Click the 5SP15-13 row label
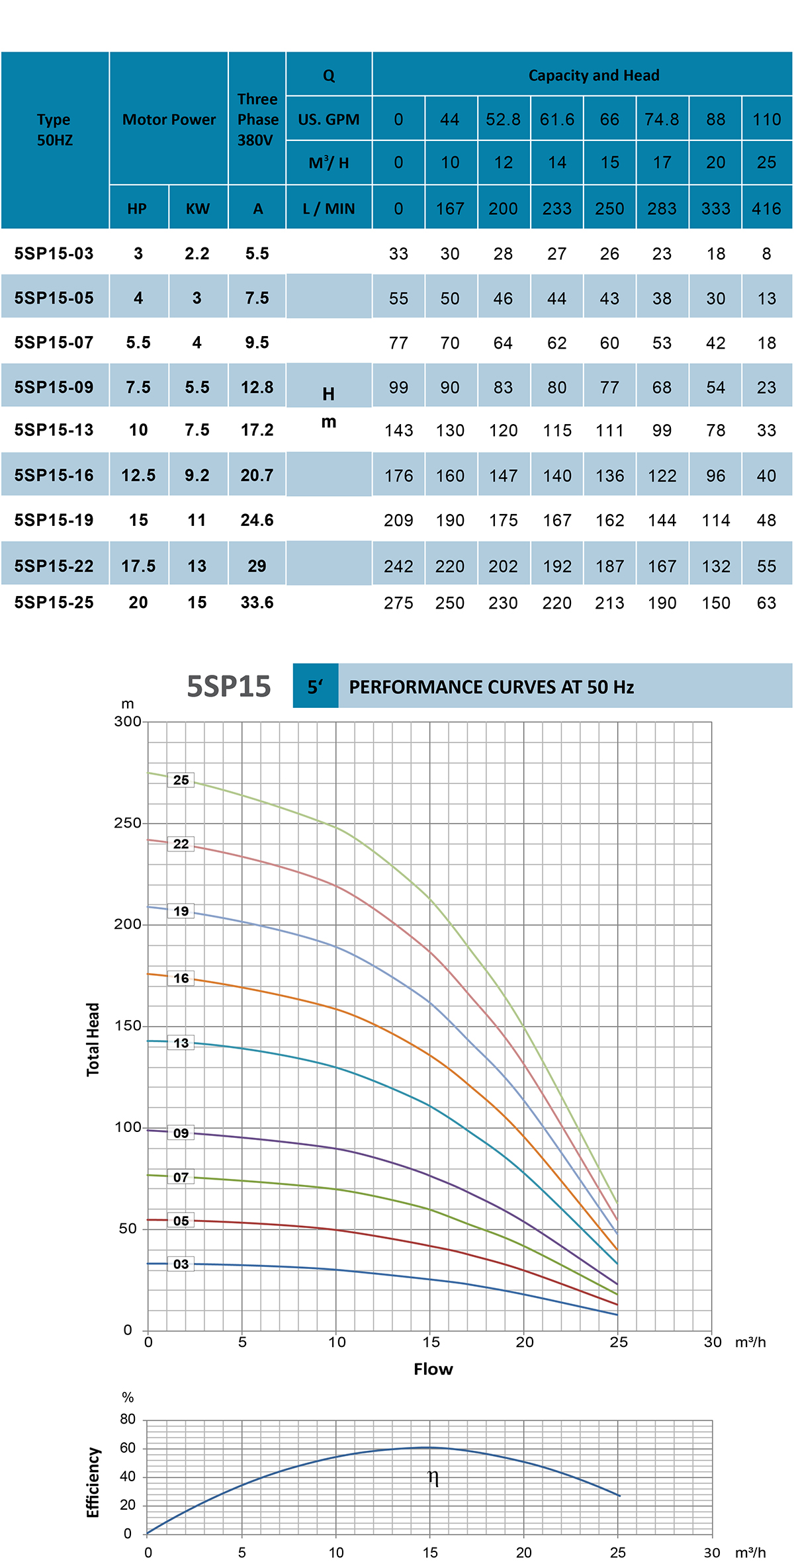tap(54, 430)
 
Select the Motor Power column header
tap(169, 120)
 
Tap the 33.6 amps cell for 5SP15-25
tap(257, 603)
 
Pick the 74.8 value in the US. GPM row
tap(662, 120)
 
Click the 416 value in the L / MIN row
tap(766, 209)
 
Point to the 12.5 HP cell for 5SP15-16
tap(138, 475)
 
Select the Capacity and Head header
tap(594, 75)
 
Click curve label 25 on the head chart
tap(181, 780)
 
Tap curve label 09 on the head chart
tap(181, 1133)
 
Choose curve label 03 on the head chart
tap(181, 1264)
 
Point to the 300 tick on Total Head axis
tap(128, 722)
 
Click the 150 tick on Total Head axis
tap(128, 1026)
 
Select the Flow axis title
tap(433, 1369)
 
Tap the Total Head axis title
tap(93, 1039)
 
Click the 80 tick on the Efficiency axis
tap(128, 1419)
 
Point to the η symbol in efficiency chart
tap(433, 1477)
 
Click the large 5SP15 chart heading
tap(229, 687)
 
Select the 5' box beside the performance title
tap(315, 687)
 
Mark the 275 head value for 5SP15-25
tap(398, 603)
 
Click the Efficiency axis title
tap(93, 1483)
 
